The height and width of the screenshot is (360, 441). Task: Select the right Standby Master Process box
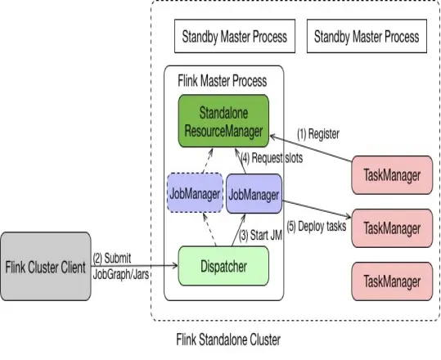[366, 37]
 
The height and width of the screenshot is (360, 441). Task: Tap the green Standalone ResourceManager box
[223, 121]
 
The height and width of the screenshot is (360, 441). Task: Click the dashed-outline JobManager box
[194, 195]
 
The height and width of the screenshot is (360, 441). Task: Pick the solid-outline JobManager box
[253, 195]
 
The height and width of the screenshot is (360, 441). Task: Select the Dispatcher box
[223, 265]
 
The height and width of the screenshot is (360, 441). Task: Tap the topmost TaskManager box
[391, 175]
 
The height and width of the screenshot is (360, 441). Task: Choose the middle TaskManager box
[391, 227]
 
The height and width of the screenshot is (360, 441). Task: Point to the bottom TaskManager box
[391, 281]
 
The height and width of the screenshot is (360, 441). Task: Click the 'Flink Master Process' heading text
[222, 82]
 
